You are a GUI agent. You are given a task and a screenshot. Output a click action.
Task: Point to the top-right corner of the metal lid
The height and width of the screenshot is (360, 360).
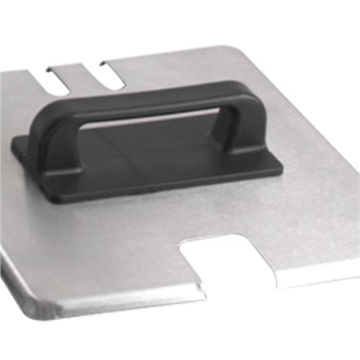(x=246, y=48)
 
